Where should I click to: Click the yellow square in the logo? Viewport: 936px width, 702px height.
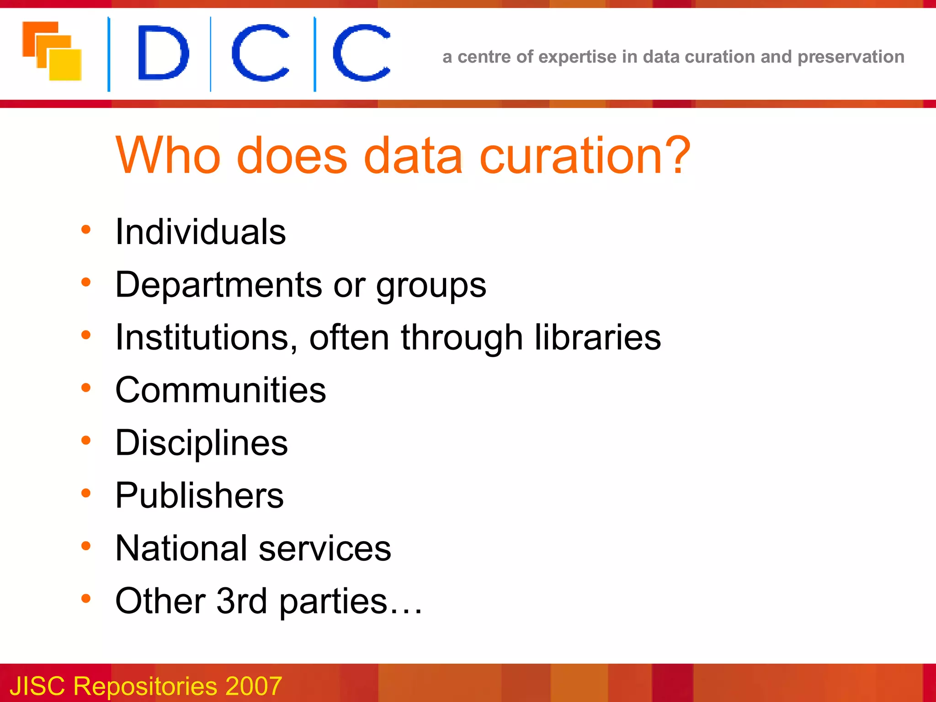pos(65,65)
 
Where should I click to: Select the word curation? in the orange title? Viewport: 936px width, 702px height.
pos(585,156)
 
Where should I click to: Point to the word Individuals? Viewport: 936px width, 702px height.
pos(200,232)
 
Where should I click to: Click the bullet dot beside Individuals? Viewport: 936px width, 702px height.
pos(86,229)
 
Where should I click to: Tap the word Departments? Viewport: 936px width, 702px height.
pos(218,285)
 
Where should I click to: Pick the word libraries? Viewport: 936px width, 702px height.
pos(597,337)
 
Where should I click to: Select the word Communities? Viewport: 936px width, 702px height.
pos(221,390)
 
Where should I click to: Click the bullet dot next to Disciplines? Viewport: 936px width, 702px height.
pos(86,440)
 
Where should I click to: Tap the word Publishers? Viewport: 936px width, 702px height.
pos(199,495)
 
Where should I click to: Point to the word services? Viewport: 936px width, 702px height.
pos(324,548)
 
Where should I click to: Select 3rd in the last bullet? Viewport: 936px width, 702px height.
pos(241,601)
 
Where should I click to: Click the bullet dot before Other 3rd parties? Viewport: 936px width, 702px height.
pos(86,598)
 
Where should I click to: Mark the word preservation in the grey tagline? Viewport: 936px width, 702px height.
pos(851,57)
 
